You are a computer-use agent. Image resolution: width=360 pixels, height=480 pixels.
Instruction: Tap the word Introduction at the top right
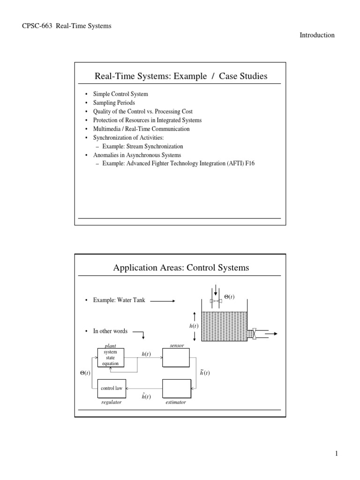(317, 35)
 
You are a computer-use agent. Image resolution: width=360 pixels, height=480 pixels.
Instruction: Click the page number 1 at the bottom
(336, 453)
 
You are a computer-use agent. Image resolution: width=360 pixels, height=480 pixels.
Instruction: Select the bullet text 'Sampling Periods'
(114, 103)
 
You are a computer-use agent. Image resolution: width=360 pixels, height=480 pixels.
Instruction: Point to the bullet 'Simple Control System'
(120, 94)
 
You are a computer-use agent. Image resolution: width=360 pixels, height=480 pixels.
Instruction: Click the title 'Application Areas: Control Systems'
(181, 268)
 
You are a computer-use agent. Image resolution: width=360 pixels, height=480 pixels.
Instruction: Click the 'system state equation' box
(111, 357)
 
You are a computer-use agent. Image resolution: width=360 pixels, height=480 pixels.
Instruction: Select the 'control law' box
(111, 389)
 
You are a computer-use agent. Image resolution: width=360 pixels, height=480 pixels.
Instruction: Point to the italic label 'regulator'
(111, 402)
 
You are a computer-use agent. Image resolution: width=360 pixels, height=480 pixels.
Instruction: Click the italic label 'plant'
(111, 346)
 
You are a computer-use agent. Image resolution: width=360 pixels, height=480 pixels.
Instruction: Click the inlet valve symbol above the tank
(216, 300)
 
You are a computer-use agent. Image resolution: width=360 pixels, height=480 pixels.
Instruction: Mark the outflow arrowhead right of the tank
(276, 334)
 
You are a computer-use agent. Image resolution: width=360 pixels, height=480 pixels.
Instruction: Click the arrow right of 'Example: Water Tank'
(162, 301)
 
